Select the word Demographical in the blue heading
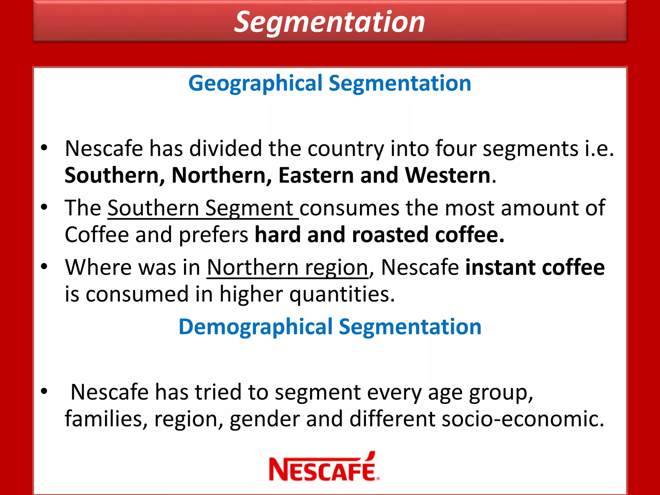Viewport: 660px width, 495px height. [255, 327]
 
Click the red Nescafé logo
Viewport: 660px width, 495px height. [324, 468]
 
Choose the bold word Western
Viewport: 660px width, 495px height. [447, 176]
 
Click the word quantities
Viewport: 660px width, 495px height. [342, 295]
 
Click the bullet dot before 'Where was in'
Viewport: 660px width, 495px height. [44, 267]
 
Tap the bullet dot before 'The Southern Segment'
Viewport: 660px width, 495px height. [44, 207]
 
